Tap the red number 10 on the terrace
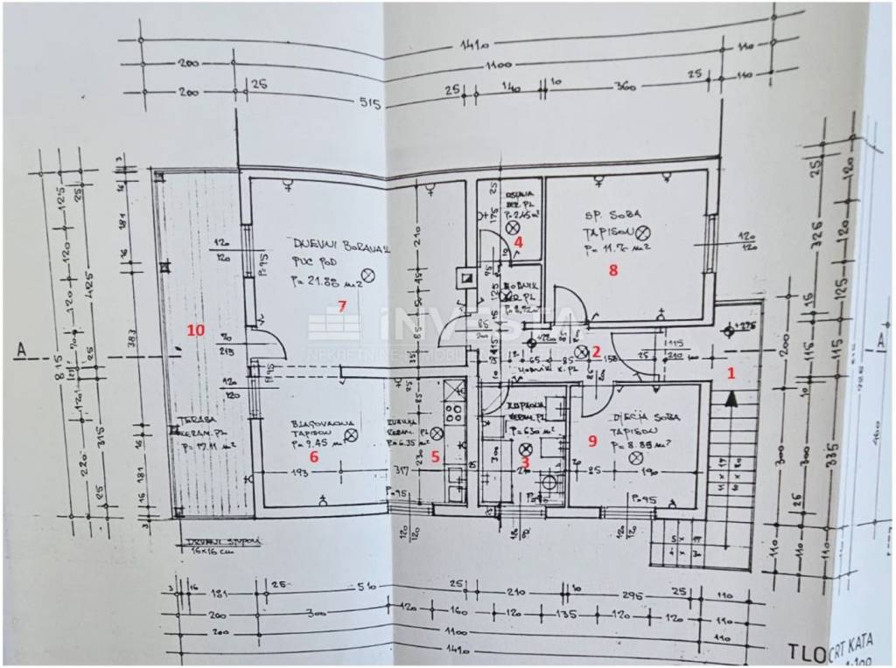pos(195,330)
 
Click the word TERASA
pos(192,419)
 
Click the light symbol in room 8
pos(643,232)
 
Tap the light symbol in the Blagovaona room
pos(351,435)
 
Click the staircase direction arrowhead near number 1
pos(730,400)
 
